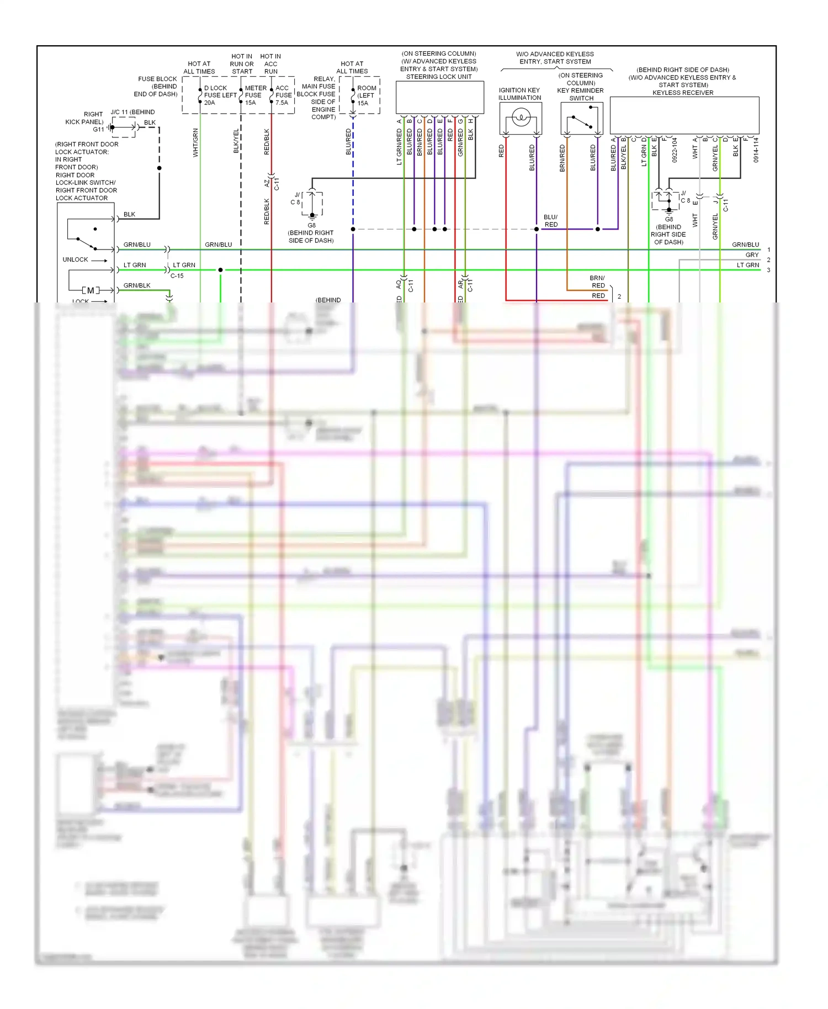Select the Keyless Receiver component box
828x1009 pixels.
tap(684, 115)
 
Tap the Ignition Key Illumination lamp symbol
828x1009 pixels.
tap(521, 118)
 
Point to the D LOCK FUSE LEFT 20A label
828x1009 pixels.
tap(220, 95)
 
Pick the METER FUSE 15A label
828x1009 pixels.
tap(255, 95)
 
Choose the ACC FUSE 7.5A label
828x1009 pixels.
tap(283, 95)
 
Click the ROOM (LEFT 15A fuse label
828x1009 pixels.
tap(366, 95)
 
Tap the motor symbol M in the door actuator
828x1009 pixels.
tap(91, 290)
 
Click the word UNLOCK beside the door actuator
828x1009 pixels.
tap(75, 259)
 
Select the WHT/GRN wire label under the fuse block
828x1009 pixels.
tap(195, 142)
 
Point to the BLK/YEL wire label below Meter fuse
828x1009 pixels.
tap(236, 141)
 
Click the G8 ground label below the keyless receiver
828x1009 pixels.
tap(668, 219)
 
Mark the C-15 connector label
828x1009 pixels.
tap(177, 276)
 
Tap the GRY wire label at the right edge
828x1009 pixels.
tap(752, 255)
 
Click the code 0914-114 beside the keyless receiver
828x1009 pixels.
tap(756, 150)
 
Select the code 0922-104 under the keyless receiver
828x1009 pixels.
tap(675, 150)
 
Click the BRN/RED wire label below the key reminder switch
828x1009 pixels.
tap(562, 158)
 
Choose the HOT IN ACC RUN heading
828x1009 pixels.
tap(270, 63)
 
